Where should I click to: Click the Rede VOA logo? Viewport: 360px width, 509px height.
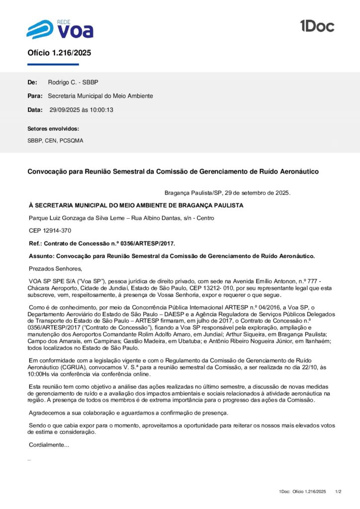[x=60, y=29]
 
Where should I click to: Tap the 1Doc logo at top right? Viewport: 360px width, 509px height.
[x=317, y=26]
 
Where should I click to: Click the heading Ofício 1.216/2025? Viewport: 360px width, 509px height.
[x=59, y=53]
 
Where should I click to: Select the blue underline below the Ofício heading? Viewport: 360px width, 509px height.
[x=53, y=65]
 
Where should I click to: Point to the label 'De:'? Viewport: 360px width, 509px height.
[x=32, y=82]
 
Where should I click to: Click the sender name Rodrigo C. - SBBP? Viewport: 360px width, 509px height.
[x=77, y=82]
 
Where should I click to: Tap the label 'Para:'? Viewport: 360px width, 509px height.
[x=35, y=96]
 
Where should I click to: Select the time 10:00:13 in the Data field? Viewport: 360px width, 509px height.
[x=101, y=110]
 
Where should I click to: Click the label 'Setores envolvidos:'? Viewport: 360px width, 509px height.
[x=53, y=129]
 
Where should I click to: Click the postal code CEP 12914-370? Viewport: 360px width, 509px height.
[x=50, y=231]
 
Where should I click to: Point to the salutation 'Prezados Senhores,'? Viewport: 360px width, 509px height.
[x=55, y=269]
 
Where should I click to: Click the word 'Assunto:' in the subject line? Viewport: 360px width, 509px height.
[x=43, y=256]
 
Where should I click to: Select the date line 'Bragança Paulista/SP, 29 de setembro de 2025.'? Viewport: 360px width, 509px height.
[x=227, y=193]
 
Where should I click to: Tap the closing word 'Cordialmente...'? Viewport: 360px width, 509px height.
[x=49, y=444]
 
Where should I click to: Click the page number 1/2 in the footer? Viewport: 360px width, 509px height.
[x=339, y=492]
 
